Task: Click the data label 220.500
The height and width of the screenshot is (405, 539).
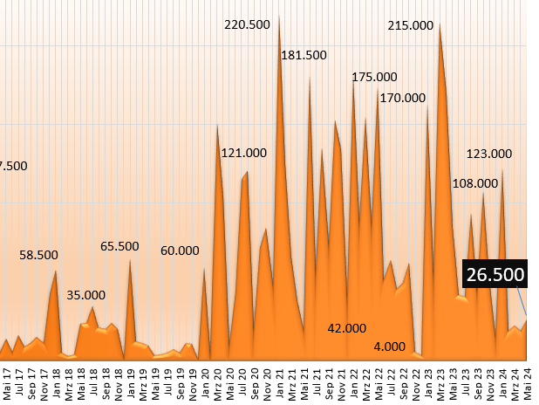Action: (x=247, y=24)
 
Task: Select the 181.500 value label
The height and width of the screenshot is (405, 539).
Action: (x=304, y=55)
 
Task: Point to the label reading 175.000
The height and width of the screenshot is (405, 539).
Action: (x=374, y=78)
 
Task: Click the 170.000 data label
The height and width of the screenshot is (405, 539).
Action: (x=403, y=98)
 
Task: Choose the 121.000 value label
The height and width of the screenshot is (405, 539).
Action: (x=244, y=153)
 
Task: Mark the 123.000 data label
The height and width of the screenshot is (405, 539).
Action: (x=489, y=154)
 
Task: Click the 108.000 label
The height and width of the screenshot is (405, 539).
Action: (x=474, y=183)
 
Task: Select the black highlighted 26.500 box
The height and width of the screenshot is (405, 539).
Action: (x=495, y=275)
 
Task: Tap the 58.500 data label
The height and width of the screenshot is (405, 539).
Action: (x=39, y=255)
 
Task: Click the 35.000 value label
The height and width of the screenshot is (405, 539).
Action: (x=86, y=295)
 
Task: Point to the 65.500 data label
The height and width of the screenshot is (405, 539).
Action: (x=119, y=247)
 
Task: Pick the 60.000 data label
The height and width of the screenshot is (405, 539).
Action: (x=180, y=251)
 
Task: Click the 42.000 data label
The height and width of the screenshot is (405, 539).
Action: (x=346, y=328)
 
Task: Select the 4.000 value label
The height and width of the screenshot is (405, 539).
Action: (x=389, y=347)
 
